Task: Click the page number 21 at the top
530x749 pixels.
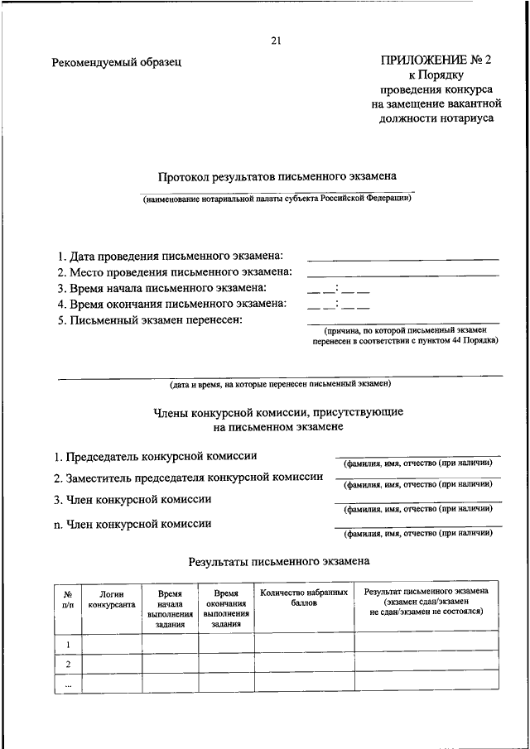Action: [277, 41]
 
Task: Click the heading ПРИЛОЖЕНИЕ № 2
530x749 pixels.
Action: [436, 60]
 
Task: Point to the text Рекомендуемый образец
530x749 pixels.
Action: [115, 62]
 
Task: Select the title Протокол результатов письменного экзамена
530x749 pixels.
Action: [277, 176]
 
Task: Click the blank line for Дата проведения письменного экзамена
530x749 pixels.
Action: [402, 258]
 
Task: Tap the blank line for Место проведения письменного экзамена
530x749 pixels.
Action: [402, 274]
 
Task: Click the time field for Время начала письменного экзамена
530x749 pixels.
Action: [338, 290]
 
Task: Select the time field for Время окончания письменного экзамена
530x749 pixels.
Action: [338, 305]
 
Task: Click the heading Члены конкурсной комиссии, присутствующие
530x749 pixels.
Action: [278, 411]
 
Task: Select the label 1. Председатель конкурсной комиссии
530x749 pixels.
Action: [156, 456]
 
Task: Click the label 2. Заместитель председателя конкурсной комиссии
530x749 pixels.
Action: [188, 478]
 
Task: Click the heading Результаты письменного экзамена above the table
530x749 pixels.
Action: [278, 561]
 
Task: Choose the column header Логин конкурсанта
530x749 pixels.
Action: [111, 599]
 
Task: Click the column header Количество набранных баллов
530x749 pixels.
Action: [304, 598]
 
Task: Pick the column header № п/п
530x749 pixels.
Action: [68, 599]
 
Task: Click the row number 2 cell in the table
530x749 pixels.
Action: [68, 664]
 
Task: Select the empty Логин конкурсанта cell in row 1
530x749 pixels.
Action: [111, 643]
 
